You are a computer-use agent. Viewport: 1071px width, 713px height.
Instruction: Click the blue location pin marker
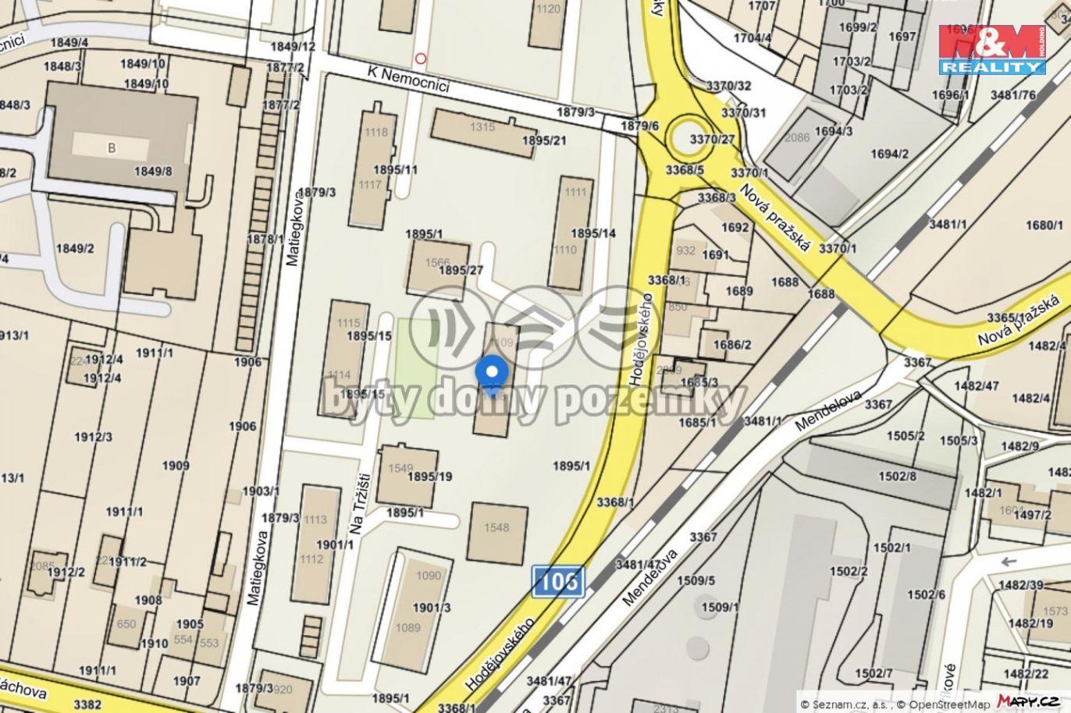click(492, 374)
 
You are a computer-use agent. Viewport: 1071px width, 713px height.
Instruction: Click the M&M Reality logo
click(992, 49)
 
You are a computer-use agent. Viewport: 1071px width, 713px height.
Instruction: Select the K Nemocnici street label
click(409, 79)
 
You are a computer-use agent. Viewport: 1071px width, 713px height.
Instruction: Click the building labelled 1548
click(496, 534)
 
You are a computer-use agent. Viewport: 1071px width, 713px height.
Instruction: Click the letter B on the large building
click(112, 148)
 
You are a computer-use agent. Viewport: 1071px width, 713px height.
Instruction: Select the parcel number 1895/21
click(545, 140)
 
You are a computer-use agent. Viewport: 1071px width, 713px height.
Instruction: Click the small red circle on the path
click(422, 58)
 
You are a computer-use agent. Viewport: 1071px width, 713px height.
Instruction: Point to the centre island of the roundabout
click(689, 137)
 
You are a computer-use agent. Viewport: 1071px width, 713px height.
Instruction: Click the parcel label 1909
click(176, 466)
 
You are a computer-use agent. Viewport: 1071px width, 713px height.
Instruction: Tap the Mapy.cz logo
click(1027, 701)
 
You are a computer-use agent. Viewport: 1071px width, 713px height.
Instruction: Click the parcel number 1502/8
click(898, 476)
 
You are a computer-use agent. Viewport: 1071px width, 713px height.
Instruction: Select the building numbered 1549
click(400, 468)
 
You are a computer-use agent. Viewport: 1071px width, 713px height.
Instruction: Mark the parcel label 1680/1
click(1044, 225)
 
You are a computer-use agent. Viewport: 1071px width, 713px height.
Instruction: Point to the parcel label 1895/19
click(430, 476)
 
